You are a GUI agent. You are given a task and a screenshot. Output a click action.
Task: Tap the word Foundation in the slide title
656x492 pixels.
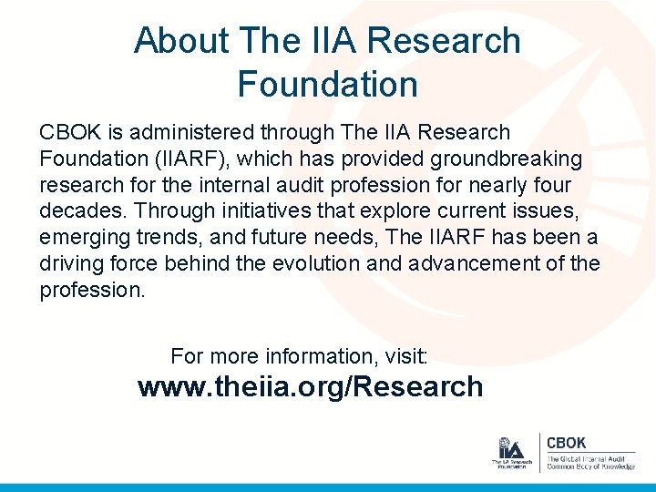tap(327, 85)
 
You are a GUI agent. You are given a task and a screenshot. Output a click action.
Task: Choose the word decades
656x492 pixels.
tap(79, 211)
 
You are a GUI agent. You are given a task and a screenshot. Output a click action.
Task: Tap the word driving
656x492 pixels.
tap(67, 264)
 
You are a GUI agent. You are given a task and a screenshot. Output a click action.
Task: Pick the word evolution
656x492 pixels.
tap(334, 264)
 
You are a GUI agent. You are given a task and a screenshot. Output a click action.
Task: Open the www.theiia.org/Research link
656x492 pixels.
tap(310, 387)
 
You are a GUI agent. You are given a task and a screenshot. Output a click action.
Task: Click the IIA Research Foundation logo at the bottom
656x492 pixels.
tap(511, 453)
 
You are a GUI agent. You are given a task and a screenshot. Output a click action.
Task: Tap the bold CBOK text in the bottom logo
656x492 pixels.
tap(566, 443)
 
